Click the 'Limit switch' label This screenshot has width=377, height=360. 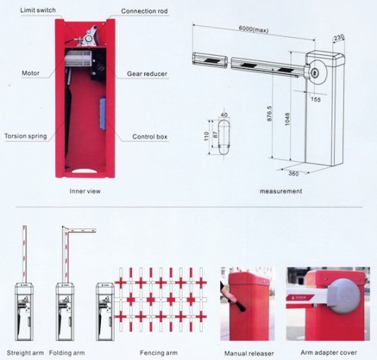(x=38, y=11)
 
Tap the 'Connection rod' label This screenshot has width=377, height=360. (x=144, y=11)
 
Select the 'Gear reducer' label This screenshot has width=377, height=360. (x=147, y=74)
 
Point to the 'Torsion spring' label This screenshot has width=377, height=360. (x=26, y=136)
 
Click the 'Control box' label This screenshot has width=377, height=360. (x=150, y=137)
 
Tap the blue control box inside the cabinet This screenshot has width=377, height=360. (x=103, y=114)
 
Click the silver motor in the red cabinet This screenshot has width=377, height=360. (x=78, y=59)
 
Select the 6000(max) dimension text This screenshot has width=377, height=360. (x=253, y=29)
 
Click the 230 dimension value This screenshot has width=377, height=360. (x=339, y=38)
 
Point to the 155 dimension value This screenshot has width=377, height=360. (x=316, y=99)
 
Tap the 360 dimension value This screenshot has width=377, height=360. (x=293, y=173)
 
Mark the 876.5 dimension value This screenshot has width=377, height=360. (x=269, y=114)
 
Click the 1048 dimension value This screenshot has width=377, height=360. (x=287, y=119)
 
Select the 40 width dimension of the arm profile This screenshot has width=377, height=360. (x=224, y=115)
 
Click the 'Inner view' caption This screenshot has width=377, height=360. (x=85, y=191)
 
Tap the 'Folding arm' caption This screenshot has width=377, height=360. (x=67, y=353)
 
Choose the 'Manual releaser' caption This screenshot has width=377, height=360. (x=249, y=353)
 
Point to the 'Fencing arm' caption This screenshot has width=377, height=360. (x=158, y=353)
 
